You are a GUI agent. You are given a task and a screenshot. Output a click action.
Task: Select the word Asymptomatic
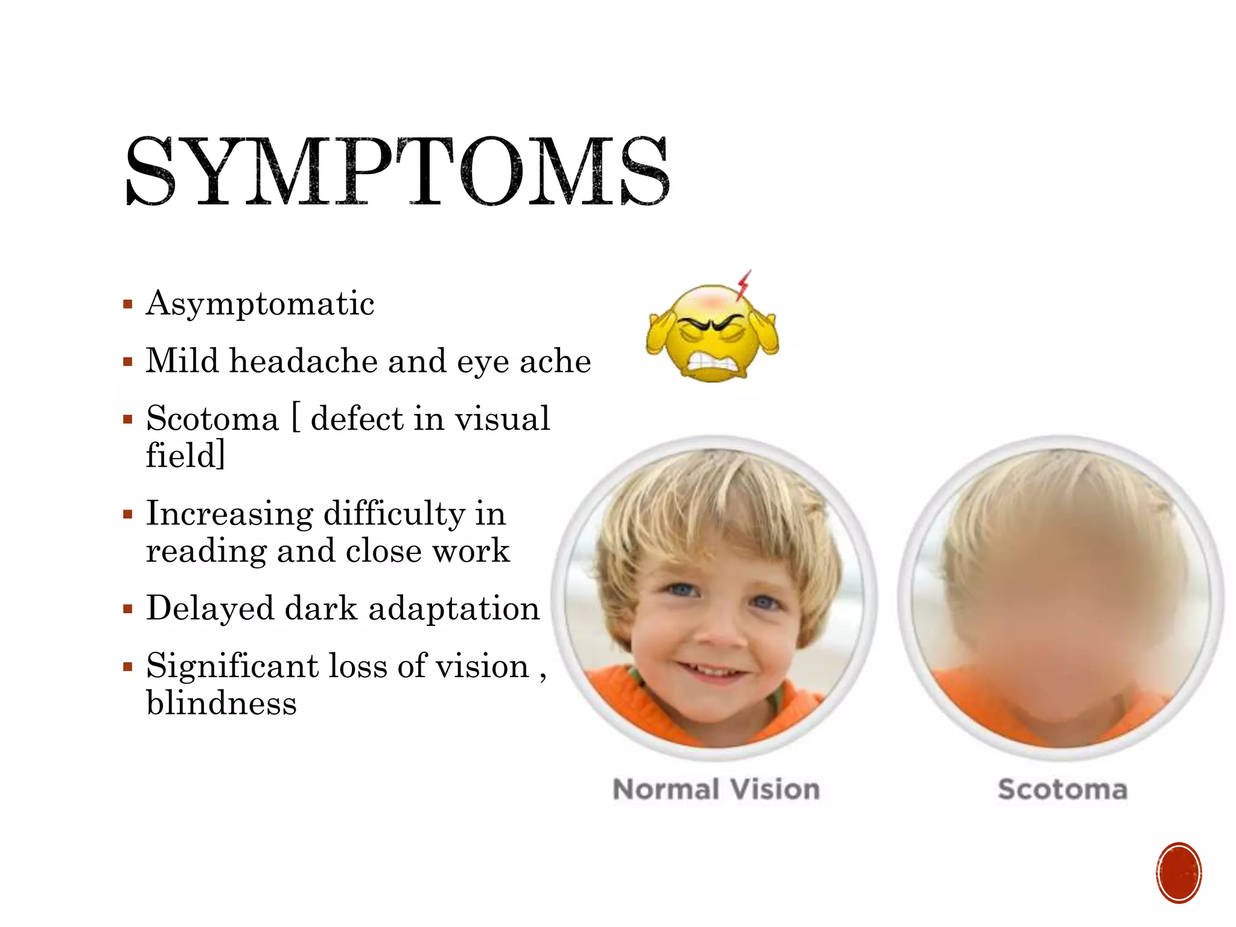coord(260,304)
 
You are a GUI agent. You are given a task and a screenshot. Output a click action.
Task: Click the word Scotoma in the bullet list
coord(212,419)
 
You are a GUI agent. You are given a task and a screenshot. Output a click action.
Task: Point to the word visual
coord(502,419)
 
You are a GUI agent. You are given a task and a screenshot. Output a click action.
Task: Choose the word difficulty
coord(394,514)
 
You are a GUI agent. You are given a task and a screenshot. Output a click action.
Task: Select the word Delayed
coord(209,608)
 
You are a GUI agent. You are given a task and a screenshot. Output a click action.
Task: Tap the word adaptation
coord(454,608)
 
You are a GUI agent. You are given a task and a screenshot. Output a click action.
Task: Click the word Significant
coord(232,666)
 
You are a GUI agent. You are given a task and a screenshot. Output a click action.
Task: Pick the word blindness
coord(221,704)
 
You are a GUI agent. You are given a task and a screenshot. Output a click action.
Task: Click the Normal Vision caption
coord(716,789)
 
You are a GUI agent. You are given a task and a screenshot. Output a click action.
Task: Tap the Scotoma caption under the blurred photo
coord(1063,789)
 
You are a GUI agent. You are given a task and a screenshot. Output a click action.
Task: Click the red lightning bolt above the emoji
coord(744,285)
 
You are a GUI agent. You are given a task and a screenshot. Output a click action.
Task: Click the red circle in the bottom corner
coord(1179,873)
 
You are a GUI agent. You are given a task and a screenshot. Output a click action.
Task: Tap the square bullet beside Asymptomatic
coord(127,304)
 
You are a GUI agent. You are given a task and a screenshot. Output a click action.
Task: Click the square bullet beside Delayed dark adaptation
coord(127,609)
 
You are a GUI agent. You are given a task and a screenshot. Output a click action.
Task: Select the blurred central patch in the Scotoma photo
coord(1062,604)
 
